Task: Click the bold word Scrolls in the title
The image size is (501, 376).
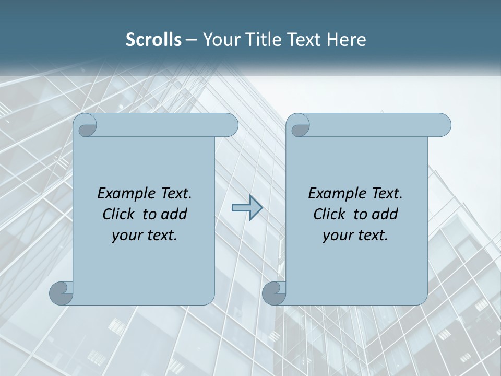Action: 153,40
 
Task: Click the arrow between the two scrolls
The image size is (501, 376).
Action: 246,208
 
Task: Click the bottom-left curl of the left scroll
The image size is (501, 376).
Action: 61,293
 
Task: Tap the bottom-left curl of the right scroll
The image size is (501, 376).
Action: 273,293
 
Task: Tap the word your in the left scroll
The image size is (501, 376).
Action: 125,236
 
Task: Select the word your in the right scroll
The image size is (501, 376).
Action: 336,236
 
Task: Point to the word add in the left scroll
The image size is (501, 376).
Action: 175,214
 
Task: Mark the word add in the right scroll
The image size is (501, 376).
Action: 386,214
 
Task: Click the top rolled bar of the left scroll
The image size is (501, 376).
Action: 167,125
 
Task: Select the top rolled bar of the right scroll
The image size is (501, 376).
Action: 379,125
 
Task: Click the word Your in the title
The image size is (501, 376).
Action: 218,40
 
